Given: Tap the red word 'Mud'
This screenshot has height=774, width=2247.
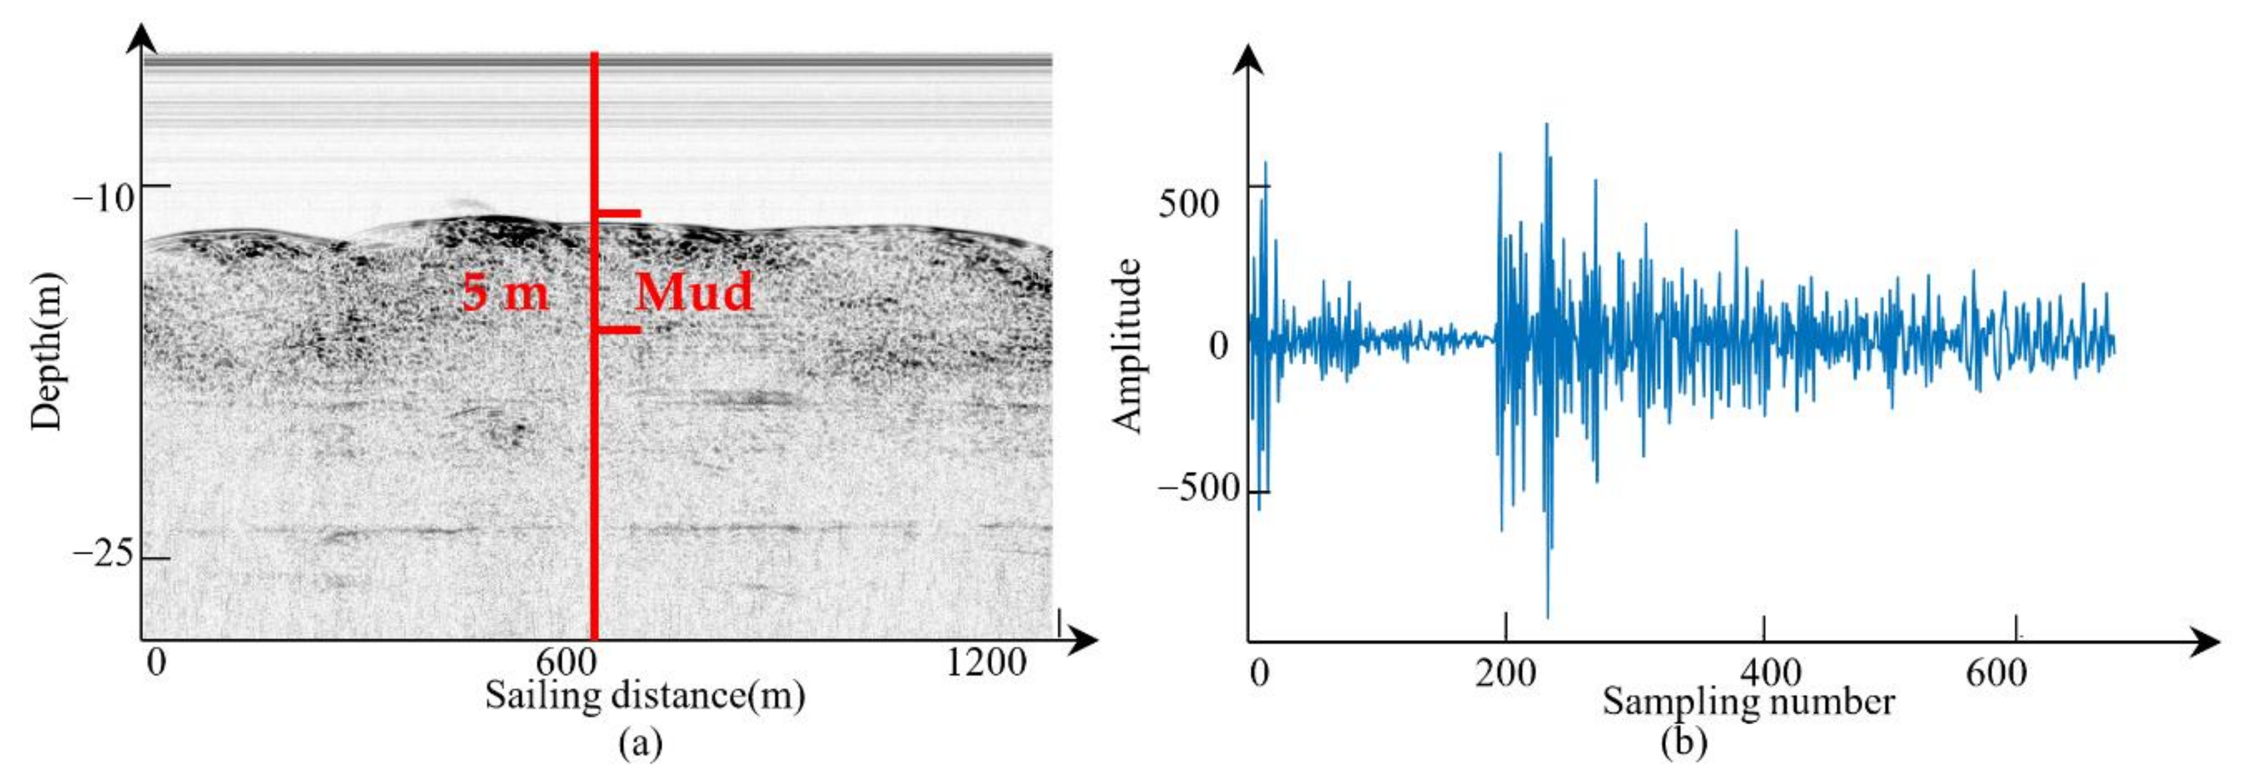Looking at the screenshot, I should (694, 293).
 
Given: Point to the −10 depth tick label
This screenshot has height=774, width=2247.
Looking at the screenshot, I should (104, 199).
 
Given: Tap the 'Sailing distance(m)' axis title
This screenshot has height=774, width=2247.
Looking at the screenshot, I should (645, 697).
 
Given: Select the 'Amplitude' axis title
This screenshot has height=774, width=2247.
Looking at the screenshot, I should (1127, 346).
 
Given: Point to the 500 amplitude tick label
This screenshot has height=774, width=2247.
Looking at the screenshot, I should (1188, 203).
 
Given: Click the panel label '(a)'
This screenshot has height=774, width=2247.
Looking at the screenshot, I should (640, 743).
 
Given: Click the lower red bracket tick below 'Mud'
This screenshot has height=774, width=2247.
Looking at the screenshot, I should (618, 330).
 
